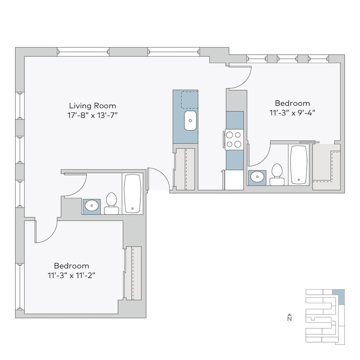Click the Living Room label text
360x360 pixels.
coord(93,106)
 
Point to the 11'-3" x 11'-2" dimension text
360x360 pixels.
coord(71,275)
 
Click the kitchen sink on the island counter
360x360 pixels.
coord(190,121)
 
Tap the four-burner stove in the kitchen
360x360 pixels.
coord(234,139)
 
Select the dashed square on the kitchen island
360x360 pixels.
coord(189,99)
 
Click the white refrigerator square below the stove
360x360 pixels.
coord(234,180)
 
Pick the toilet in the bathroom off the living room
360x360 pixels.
coord(111,203)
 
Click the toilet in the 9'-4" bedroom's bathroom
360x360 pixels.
coord(277,175)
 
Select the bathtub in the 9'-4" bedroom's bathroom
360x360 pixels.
coord(299,164)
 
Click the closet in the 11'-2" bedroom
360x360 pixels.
coord(133,273)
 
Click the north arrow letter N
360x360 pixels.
coord(289,318)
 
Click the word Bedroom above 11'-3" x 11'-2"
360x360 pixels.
coord(71,265)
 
